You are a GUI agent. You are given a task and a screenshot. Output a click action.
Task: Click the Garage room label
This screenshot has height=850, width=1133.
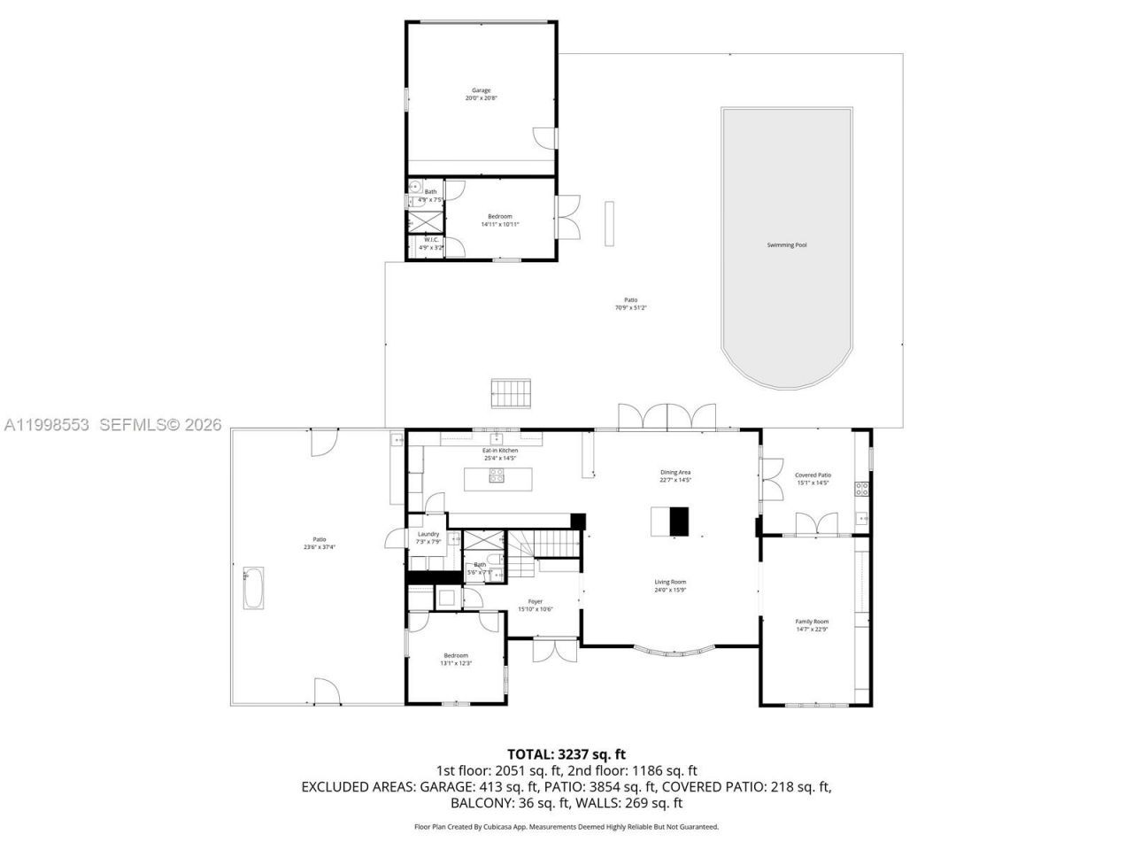[481, 94]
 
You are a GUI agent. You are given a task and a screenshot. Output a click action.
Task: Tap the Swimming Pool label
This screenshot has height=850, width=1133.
[786, 244]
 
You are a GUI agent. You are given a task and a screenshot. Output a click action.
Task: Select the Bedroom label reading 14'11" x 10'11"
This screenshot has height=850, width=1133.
[499, 220]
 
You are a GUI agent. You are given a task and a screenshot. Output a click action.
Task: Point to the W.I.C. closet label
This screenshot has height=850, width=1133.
[431, 243]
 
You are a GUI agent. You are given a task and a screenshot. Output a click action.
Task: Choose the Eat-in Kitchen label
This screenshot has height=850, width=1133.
[500, 454]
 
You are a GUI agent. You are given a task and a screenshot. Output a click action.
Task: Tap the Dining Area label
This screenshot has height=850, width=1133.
[674, 475]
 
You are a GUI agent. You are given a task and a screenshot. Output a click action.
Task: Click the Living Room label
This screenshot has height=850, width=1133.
[670, 585]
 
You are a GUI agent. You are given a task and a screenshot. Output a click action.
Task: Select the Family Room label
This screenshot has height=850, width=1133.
[811, 625]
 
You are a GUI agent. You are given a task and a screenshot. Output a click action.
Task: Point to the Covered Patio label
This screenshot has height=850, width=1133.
[813, 479]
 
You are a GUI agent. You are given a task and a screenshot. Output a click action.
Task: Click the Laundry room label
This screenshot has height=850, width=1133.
[428, 537]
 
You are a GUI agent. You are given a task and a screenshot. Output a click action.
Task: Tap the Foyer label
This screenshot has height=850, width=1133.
[536, 605]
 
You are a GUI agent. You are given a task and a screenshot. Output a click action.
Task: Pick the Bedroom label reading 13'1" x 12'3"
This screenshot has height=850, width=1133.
[456, 659]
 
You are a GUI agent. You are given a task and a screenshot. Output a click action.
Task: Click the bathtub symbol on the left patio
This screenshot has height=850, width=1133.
[252, 587]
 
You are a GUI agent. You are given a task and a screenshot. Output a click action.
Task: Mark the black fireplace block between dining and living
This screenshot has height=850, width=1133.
[678, 522]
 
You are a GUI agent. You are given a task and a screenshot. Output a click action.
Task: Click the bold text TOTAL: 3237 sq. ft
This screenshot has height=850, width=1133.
[566, 754]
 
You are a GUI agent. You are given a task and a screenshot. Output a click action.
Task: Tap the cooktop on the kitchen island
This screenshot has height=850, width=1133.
[497, 478]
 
